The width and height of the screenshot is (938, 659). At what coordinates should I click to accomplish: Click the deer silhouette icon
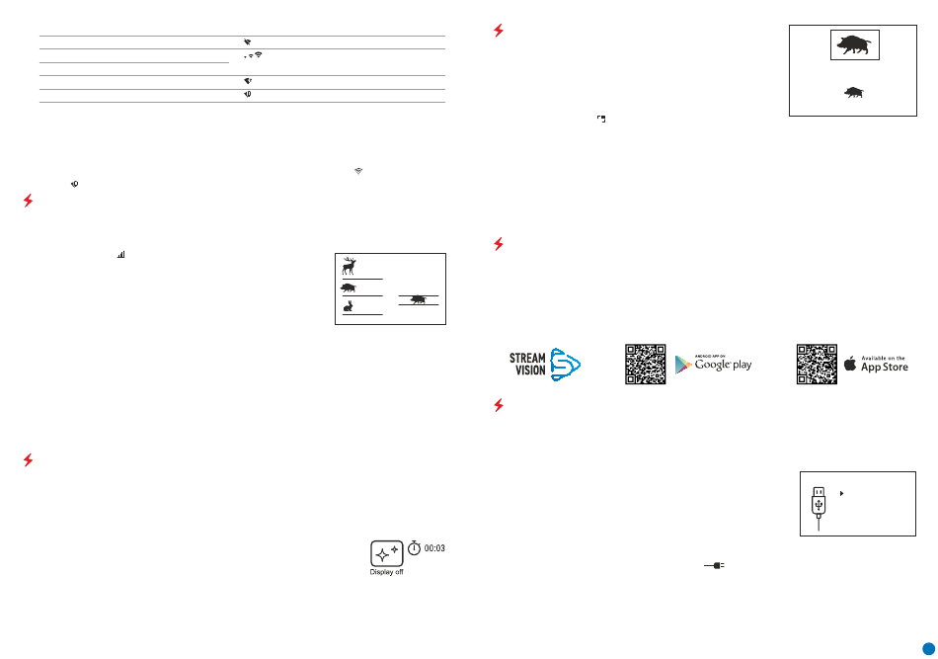[x=349, y=266]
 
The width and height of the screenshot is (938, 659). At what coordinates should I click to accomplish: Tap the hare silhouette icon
[x=349, y=306]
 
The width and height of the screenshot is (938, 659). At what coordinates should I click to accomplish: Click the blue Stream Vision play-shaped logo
[x=565, y=364]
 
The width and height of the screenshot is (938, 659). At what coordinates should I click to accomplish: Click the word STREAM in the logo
[x=527, y=358]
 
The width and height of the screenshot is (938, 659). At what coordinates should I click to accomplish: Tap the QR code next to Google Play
[x=646, y=364]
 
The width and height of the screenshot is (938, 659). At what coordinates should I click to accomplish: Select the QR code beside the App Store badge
[x=818, y=364]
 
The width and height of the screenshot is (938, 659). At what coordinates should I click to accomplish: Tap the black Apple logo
[x=851, y=364]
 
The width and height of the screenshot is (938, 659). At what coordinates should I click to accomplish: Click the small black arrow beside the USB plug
[x=840, y=491]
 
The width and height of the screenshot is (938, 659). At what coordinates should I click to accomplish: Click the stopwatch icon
[x=415, y=546]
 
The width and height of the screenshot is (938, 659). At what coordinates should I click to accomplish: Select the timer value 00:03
[x=434, y=547]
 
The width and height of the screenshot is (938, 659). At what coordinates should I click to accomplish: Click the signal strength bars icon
[x=121, y=254]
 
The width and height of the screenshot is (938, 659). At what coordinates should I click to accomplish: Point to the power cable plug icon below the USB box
[x=716, y=566]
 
